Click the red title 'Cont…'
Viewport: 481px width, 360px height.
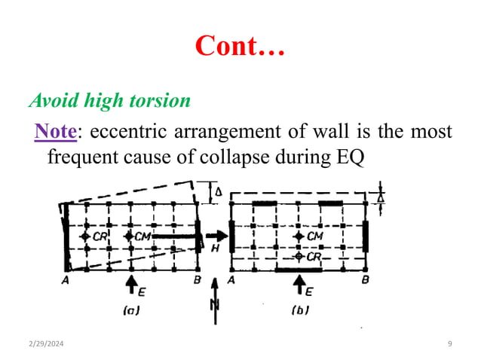(x=240, y=45)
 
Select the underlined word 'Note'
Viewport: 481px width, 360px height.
(x=56, y=131)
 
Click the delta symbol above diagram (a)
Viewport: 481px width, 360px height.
(x=219, y=194)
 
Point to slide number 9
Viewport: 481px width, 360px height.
(x=449, y=343)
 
